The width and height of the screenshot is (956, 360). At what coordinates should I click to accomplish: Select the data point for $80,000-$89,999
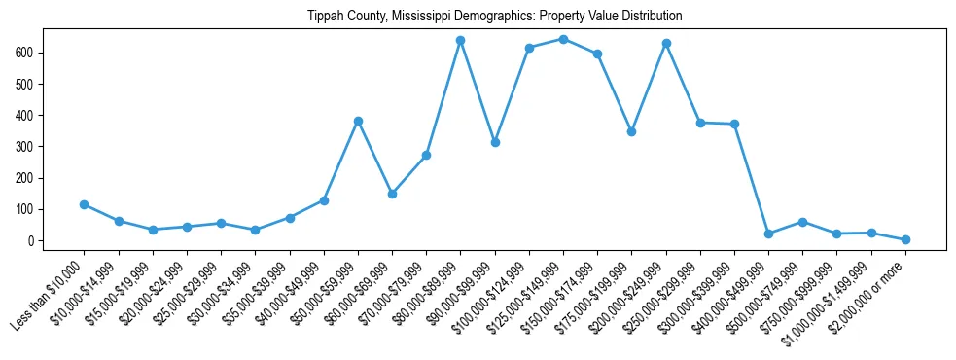point(460,41)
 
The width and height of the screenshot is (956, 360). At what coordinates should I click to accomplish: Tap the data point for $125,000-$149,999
point(563,39)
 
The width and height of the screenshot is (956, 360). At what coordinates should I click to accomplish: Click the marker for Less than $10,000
point(84,204)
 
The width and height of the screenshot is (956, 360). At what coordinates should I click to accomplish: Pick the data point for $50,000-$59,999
point(358,121)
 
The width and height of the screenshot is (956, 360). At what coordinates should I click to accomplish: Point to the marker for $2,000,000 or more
point(905,239)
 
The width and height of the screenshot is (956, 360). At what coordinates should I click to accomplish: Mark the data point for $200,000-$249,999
point(666,43)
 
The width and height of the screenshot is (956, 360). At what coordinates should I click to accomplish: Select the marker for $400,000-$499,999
point(768,234)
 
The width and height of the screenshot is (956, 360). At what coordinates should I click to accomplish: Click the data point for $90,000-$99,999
point(495,142)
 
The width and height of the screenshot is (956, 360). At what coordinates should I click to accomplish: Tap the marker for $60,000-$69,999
point(392,194)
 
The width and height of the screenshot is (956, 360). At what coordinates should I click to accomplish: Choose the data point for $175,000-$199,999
point(631,131)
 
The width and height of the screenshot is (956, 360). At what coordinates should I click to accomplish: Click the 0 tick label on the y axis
point(32,240)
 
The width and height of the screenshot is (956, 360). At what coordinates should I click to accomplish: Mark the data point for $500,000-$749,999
point(802,222)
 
